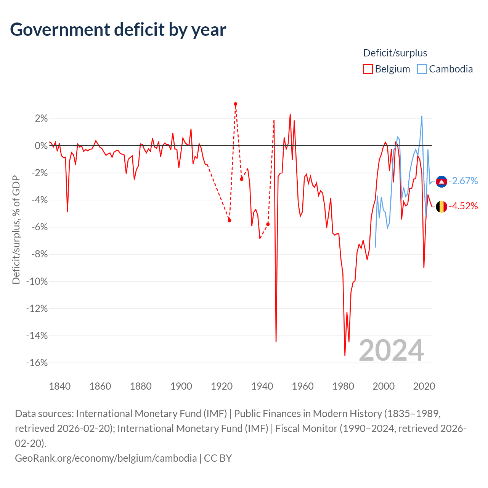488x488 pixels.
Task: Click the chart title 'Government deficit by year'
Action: [118, 30]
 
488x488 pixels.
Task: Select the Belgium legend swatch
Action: [368, 69]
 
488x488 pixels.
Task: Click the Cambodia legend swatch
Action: [422, 69]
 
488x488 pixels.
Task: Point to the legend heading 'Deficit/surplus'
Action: [395, 53]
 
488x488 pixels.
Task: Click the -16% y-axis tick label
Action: [37, 363]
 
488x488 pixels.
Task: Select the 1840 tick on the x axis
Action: [60, 386]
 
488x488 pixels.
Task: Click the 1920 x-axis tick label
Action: [222, 386]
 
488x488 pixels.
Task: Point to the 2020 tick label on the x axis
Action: [424, 386]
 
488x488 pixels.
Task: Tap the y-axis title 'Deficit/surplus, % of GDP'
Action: [16, 230]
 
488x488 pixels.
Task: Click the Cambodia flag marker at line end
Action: [441, 182]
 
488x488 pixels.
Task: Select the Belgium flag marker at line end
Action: [441, 207]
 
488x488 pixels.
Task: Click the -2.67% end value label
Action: [463, 181]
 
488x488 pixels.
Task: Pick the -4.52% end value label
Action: [463, 206]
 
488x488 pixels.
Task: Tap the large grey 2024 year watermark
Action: [391, 350]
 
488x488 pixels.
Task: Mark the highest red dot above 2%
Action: [236, 104]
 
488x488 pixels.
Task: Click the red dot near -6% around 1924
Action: [230, 220]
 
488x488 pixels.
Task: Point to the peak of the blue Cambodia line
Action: [422, 116]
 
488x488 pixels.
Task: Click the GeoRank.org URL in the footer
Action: [106, 458]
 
